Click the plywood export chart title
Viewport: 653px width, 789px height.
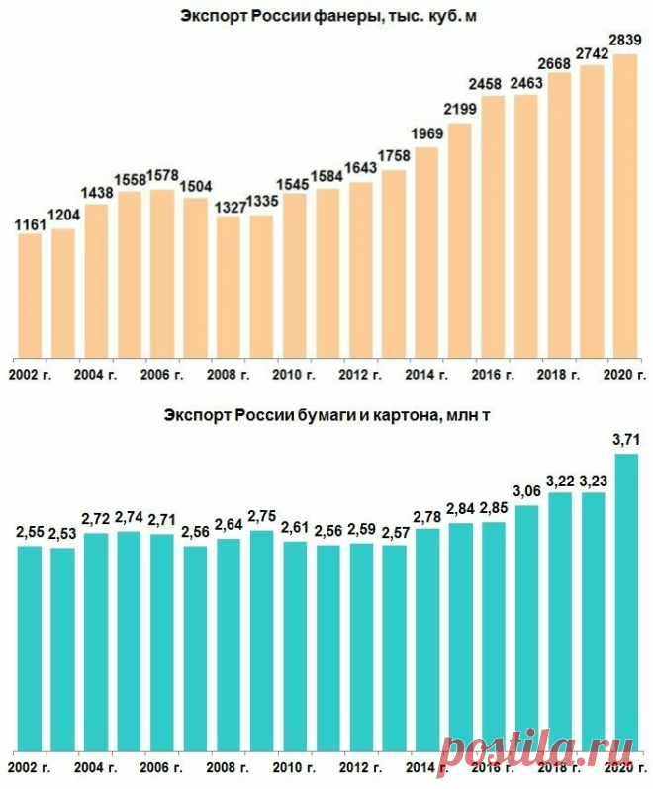coord(328,16)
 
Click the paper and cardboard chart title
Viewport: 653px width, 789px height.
coord(326,416)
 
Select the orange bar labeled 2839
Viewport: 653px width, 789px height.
coord(625,207)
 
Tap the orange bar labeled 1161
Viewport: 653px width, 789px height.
coord(31,296)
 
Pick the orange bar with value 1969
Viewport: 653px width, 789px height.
coord(426,252)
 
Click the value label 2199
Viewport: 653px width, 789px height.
coord(460,109)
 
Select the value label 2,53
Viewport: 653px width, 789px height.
coord(62,534)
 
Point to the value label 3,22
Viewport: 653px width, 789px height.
coord(559,482)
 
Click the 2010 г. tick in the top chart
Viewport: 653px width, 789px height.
coord(294,375)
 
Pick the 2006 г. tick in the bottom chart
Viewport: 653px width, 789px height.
coord(161,768)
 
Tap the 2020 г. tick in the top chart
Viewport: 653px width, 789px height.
coord(624,375)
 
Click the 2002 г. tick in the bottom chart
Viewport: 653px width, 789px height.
coord(30,768)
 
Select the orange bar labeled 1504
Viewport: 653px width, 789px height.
coord(195,278)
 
